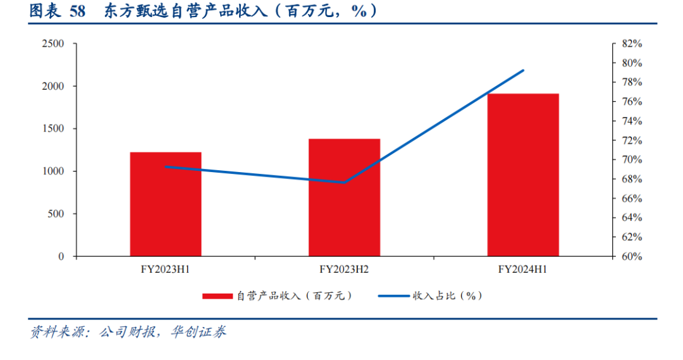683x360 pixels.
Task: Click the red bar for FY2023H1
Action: [166, 204]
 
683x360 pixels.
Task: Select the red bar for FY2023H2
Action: [344, 197]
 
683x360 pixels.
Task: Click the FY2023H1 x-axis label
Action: [166, 270]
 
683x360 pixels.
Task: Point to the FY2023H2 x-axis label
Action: [344, 270]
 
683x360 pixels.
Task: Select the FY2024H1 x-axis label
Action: [523, 270]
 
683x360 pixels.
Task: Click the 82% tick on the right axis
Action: [632, 44]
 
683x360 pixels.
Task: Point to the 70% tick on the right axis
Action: [632, 159]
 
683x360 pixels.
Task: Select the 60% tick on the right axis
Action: [632, 256]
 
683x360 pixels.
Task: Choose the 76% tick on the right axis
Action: [632, 102]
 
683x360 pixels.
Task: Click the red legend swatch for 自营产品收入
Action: [218, 296]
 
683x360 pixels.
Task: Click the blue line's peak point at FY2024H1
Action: [523, 70]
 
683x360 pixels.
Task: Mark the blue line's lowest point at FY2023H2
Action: [344, 182]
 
